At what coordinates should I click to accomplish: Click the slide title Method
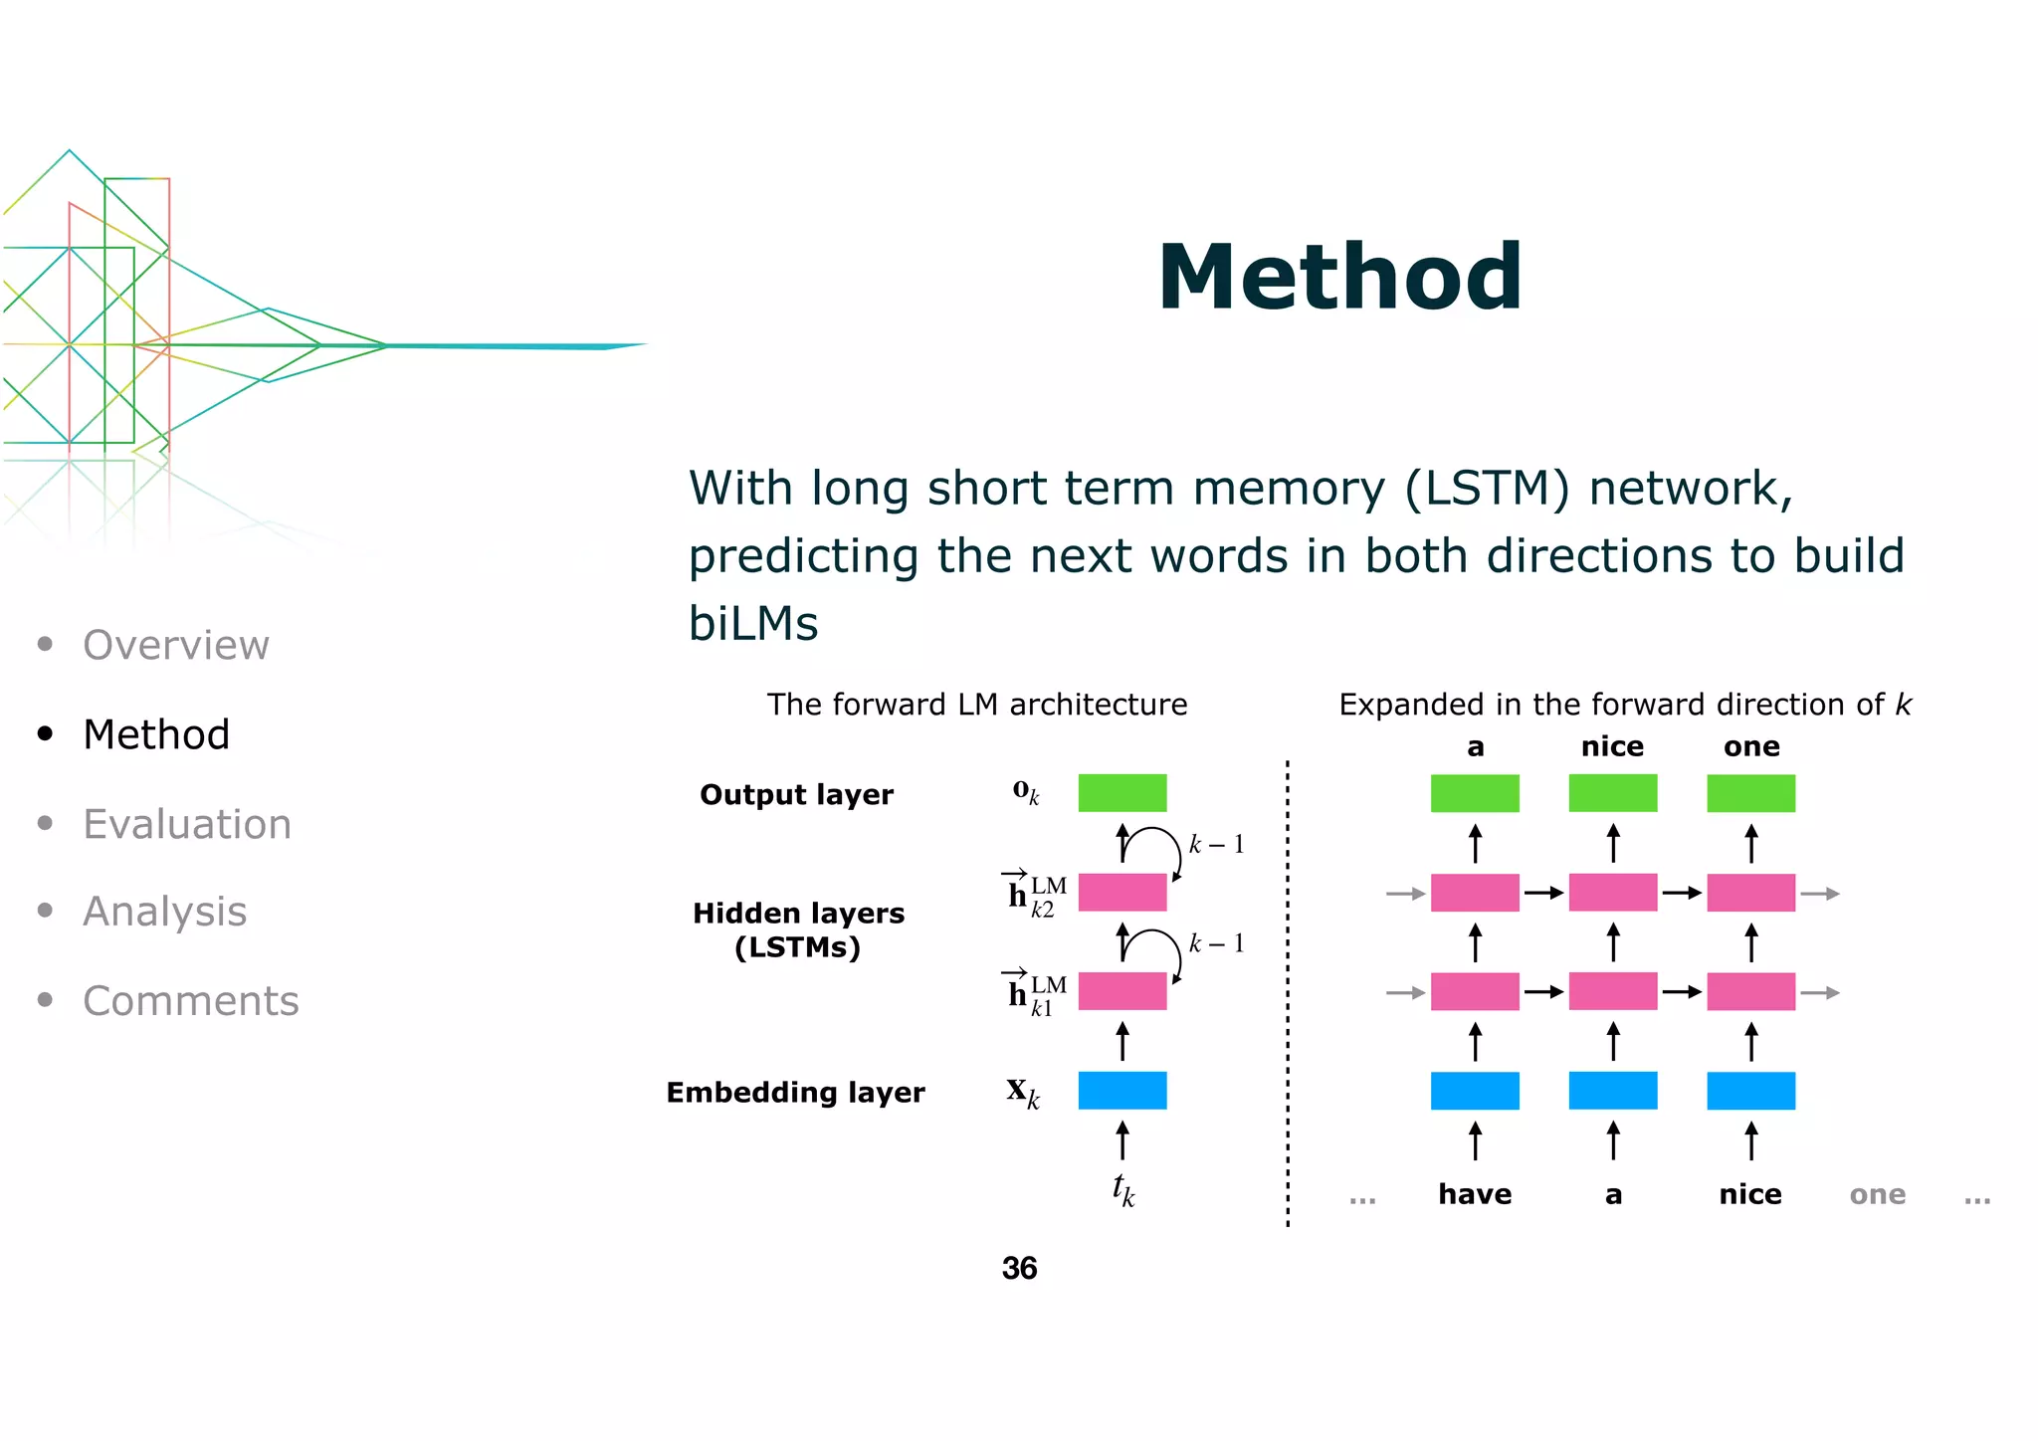point(1339,279)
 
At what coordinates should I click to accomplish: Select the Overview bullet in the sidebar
point(175,645)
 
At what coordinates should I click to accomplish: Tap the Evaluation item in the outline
point(187,824)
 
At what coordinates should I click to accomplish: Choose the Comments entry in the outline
point(190,1000)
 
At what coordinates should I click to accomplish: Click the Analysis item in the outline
point(164,912)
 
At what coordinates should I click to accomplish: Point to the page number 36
point(1019,1268)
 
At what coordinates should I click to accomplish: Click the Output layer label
point(796,794)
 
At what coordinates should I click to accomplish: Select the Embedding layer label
point(795,1092)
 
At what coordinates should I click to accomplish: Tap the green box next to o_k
point(1121,793)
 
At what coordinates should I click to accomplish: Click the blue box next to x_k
point(1121,1091)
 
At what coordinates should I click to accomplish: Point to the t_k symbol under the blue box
point(1122,1189)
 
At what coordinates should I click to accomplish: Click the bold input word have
point(1474,1193)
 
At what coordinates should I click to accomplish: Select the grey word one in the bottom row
point(1877,1194)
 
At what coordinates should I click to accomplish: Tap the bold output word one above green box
point(1751,746)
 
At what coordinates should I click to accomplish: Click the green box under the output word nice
point(1612,793)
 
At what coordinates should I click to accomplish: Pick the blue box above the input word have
point(1474,1091)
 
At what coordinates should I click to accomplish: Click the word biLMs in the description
point(753,624)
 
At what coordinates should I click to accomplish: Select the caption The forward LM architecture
point(976,705)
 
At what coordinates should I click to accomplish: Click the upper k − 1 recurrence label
point(1216,845)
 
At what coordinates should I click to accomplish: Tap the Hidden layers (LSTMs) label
point(798,929)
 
